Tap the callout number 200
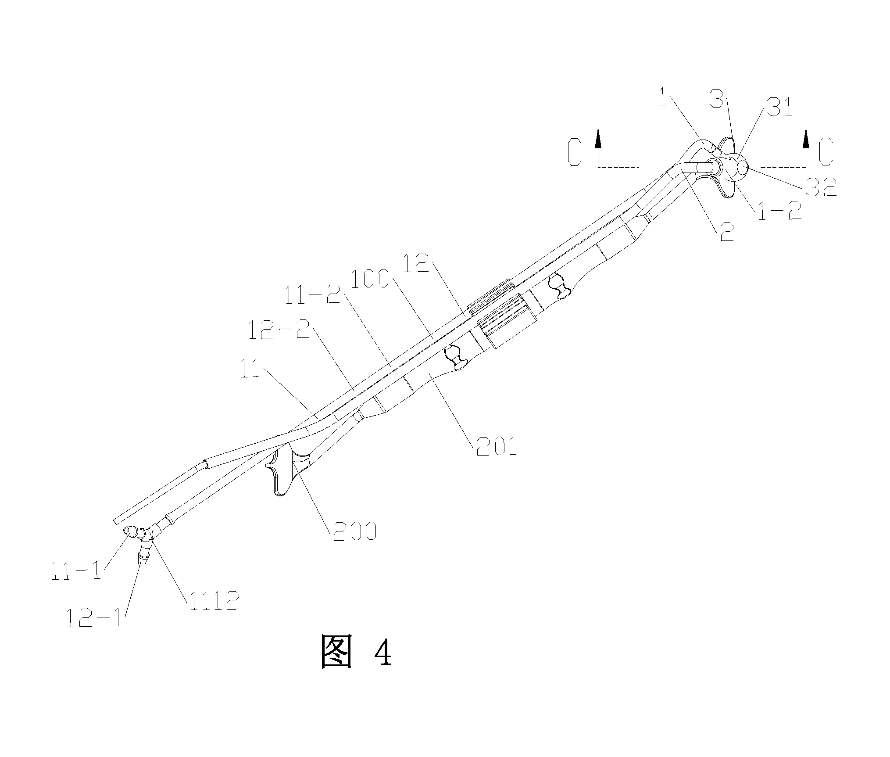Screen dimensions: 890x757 (x=354, y=531)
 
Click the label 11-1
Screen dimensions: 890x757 (x=76, y=571)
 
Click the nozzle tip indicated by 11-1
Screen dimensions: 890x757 (x=127, y=531)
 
